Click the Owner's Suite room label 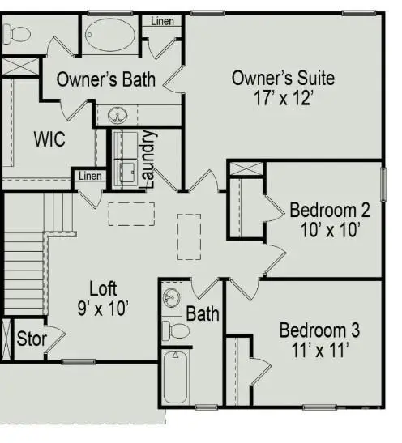point(283,79)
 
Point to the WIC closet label point(49,138)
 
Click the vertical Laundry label point(148,159)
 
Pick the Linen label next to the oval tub point(165,21)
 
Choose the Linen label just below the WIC point(90,176)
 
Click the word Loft point(103,288)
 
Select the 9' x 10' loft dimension point(103,308)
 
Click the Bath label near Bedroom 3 point(203,313)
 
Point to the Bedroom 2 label point(330,211)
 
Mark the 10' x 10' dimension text point(330,230)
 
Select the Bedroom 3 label point(319,330)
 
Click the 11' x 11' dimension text point(319,350)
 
